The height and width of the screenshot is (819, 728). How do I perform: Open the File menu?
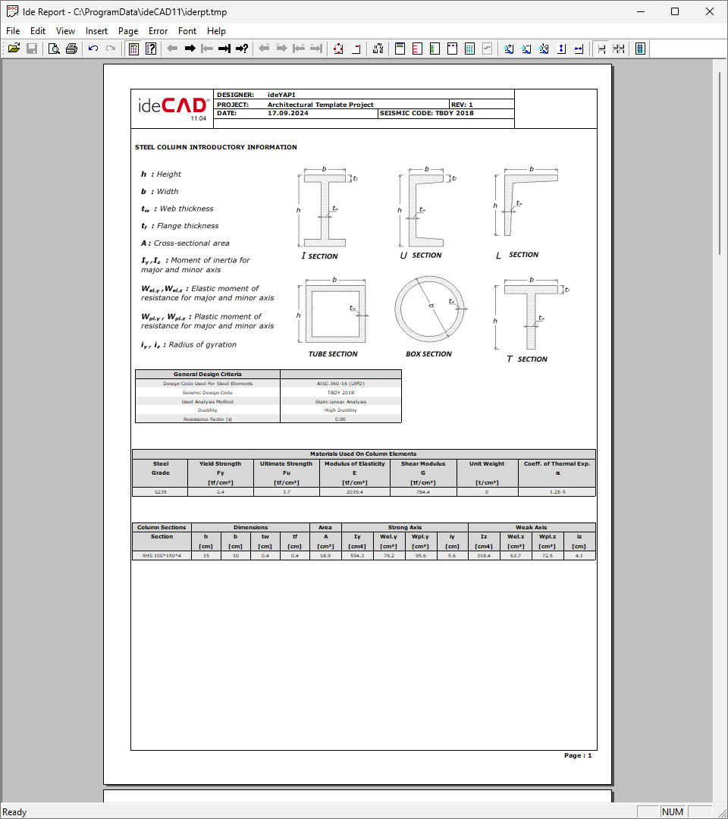tap(12, 31)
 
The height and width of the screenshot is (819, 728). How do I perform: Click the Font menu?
tap(187, 31)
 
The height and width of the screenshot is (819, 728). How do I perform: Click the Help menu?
tap(216, 31)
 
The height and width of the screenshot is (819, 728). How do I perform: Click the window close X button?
tap(709, 11)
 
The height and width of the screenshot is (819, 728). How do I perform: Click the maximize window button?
tap(675, 11)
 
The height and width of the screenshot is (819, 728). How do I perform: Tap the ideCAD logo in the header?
tap(172, 106)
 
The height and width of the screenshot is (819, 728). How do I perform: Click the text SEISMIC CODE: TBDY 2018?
tap(427, 113)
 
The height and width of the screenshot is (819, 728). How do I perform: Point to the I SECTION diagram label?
tap(319, 256)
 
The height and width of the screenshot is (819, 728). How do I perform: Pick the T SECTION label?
tap(527, 359)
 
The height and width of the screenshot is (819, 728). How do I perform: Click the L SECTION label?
tap(517, 256)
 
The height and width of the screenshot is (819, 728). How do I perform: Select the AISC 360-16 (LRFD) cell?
tap(340, 384)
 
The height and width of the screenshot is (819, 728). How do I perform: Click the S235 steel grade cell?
tap(162, 492)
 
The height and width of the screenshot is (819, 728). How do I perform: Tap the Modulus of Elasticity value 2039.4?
tap(354, 492)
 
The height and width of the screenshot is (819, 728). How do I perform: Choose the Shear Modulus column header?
tap(423, 463)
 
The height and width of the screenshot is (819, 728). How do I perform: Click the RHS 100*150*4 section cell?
tap(162, 556)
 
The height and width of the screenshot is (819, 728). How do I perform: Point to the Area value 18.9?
tap(325, 556)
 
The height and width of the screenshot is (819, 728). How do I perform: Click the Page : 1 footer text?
tap(578, 756)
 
